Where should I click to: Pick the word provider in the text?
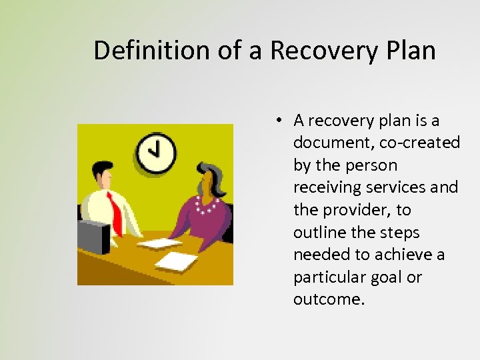coord(354,210)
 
